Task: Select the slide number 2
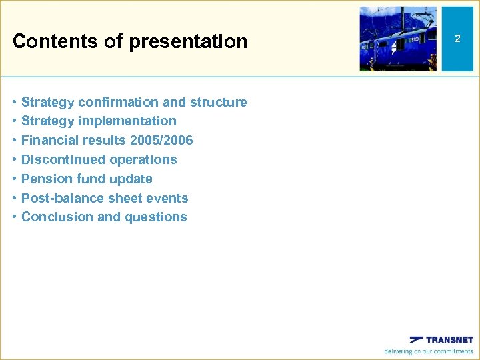[x=457, y=39]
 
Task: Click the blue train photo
[x=398, y=39]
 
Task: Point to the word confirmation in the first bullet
[x=119, y=102]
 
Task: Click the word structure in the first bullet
[x=218, y=102]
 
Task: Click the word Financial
[x=50, y=141]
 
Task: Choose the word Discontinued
[x=63, y=160]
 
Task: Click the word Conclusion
[x=55, y=217]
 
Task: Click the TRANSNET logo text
[x=449, y=339]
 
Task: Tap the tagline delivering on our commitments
[x=429, y=351]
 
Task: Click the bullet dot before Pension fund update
[x=15, y=179]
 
